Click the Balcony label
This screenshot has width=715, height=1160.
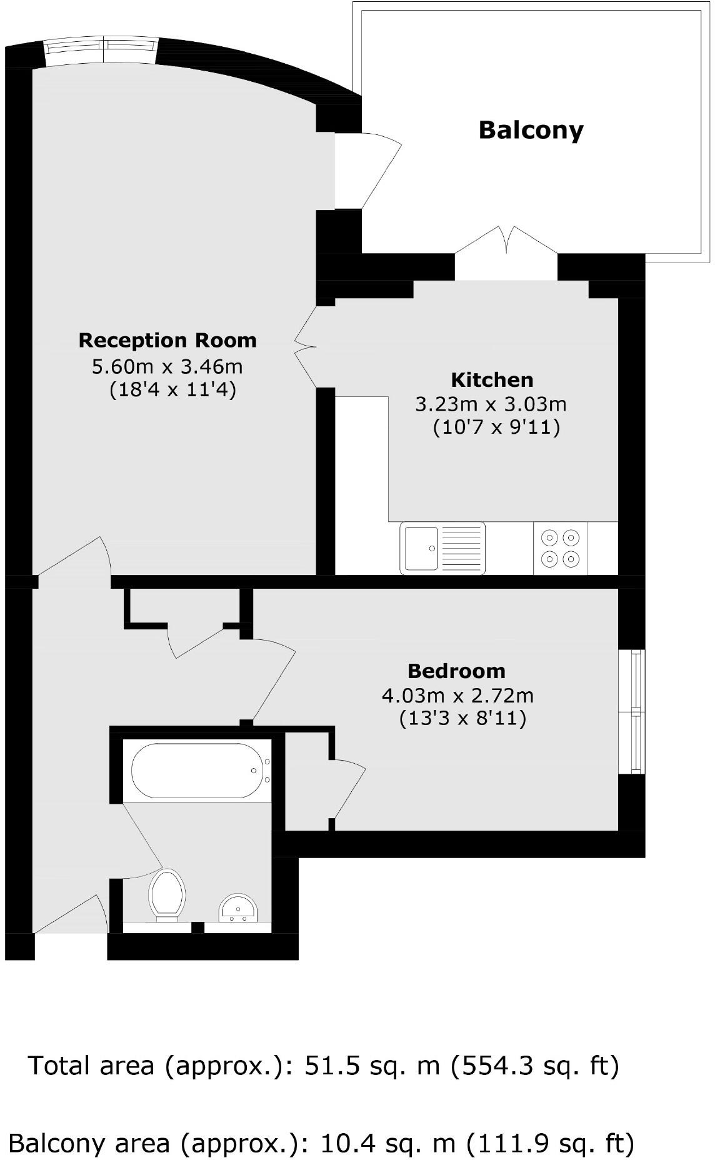[x=531, y=130]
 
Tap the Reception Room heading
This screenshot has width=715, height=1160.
[x=167, y=341]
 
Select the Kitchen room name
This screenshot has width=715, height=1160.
[x=492, y=380]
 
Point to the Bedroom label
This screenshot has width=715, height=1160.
[x=456, y=671]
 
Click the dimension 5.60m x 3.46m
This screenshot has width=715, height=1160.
[x=167, y=366]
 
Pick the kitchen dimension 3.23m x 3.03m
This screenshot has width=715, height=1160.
[x=491, y=404]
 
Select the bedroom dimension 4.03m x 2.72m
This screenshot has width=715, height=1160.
[x=457, y=695]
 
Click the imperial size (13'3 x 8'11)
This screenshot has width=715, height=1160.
[x=462, y=719]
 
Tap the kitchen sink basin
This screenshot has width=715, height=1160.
[x=421, y=548]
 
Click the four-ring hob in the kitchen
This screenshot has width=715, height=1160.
[x=560, y=547]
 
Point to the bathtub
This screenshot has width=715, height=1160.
[x=197, y=770]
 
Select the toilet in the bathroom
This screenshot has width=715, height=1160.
[x=167, y=894]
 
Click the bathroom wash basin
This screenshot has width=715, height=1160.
[x=237, y=908]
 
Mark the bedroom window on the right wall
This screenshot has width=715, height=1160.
[x=636, y=711]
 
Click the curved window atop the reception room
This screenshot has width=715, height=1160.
[x=102, y=47]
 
